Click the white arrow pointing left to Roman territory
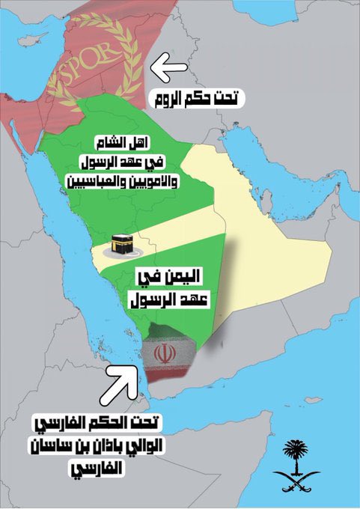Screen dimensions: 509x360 pyautogui.click(x=169, y=68)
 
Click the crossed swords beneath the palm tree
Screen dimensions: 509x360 pyautogui.click(x=296, y=478)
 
